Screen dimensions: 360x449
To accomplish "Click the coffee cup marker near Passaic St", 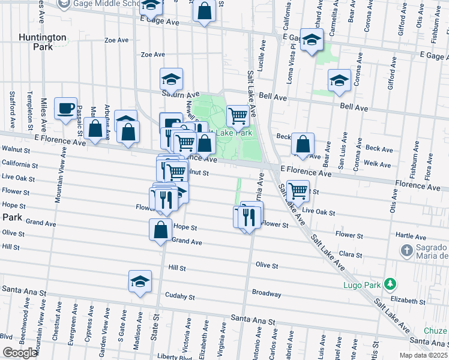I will [66, 109].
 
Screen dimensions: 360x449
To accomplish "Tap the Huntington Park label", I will [43, 42].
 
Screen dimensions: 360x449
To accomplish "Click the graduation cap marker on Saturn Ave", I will [171, 80].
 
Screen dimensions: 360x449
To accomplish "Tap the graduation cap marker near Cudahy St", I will [140, 281].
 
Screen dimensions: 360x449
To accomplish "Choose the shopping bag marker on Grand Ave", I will [161, 230].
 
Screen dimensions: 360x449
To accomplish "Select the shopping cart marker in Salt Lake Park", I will [238, 115].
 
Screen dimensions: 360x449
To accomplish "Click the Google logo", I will [19, 353].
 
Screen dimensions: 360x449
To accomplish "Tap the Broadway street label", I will [267, 294].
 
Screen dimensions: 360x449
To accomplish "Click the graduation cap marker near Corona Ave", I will [339, 81].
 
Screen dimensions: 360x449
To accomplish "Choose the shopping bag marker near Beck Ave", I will [303, 144].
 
